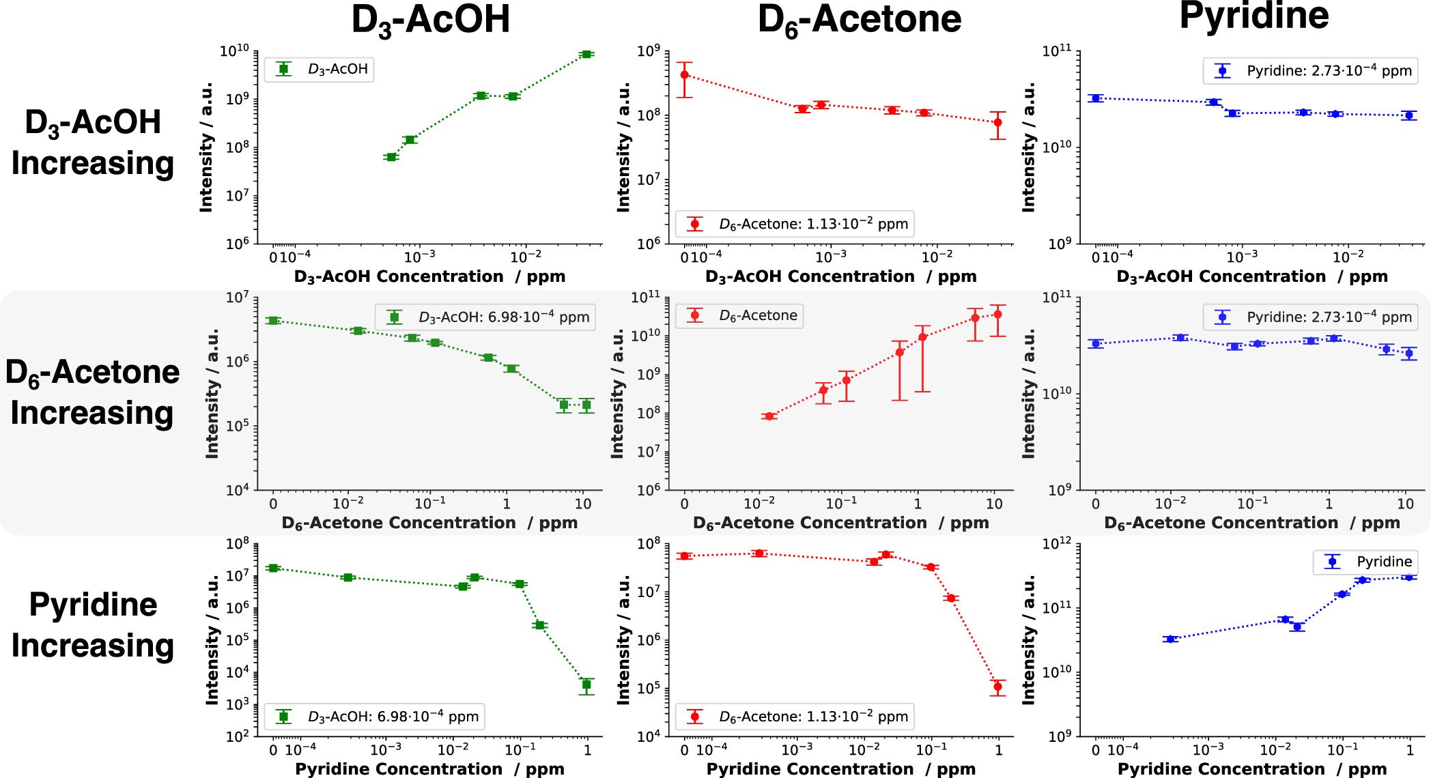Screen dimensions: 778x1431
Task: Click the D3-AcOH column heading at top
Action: click(x=430, y=19)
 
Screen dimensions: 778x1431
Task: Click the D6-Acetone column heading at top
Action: click(x=859, y=19)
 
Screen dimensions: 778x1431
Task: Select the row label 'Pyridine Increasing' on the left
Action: click(x=93, y=624)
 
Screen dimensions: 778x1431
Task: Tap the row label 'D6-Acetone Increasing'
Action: click(x=92, y=392)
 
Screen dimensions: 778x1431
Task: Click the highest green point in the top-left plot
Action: click(x=586, y=54)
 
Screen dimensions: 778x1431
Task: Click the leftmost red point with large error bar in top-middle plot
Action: click(x=685, y=74)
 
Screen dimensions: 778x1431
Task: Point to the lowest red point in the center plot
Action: click(x=769, y=416)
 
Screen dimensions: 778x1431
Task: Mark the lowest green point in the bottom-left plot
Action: click(x=586, y=685)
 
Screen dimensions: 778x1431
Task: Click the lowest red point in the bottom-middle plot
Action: click(x=997, y=687)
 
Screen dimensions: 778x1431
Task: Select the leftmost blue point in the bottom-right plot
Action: click(x=1171, y=639)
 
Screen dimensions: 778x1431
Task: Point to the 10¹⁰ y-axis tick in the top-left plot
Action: click(x=234, y=51)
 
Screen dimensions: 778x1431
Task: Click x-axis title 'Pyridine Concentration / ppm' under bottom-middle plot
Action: click(x=841, y=769)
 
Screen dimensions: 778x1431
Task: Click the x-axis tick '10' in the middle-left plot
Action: click(x=582, y=504)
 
